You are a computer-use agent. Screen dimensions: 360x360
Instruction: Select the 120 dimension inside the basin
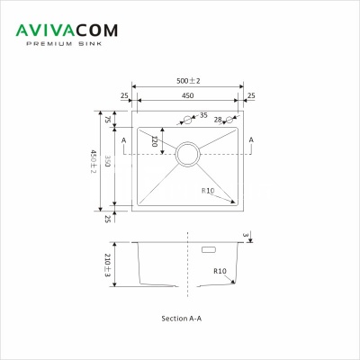(154, 140)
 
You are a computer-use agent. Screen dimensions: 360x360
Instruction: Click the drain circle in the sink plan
(188, 154)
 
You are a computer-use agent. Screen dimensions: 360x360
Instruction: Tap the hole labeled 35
(187, 119)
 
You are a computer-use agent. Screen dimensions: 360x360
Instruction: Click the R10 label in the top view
(209, 191)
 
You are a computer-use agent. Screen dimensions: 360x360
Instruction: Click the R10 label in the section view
(220, 271)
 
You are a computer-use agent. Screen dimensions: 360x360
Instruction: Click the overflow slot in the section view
(210, 249)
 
